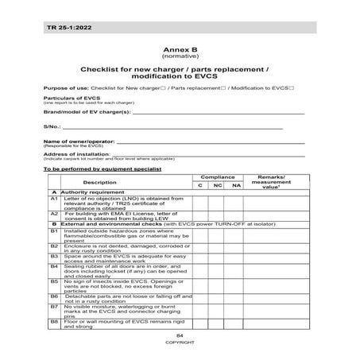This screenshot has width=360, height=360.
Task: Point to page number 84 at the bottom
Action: (180, 336)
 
